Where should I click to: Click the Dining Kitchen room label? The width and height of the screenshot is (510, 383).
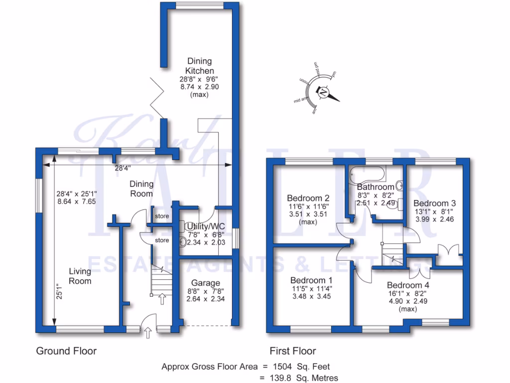click(199, 66)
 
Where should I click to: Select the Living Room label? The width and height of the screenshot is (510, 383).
click(80, 276)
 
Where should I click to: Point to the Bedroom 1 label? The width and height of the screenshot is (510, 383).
click(311, 280)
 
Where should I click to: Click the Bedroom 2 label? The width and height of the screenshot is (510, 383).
click(308, 197)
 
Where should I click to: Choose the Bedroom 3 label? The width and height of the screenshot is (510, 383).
click(434, 203)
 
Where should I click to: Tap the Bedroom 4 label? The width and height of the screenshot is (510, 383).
click(408, 285)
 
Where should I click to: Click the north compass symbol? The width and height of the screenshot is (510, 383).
click(324, 93)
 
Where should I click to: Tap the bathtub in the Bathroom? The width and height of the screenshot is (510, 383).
click(367, 174)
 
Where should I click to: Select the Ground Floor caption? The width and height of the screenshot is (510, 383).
click(66, 351)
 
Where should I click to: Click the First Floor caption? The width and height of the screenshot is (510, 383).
click(293, 351)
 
